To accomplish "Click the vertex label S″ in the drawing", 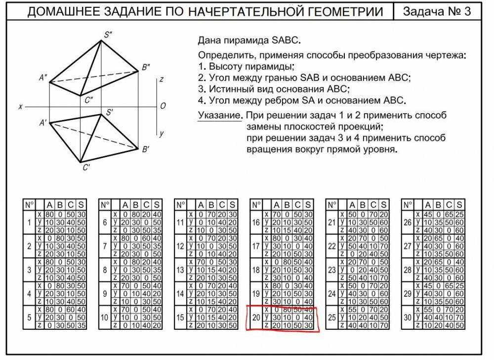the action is (108, 35).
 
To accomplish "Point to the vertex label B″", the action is (146, 68).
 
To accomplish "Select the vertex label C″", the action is (89, 100).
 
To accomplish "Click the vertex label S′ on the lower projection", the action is (110, 113).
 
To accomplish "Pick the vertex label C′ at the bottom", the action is (86, 167).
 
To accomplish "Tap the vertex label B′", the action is (146, 149).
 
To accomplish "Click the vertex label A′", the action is (43, 122).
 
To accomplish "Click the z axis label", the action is (162, 79).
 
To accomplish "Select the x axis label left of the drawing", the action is (20, 106).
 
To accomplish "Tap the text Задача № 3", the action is (437, 12).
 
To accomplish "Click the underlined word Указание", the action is (219, 116).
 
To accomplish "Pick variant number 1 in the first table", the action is (29, 223).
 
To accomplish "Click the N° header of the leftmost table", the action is (29, 204).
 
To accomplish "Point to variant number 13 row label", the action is (180, 271).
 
